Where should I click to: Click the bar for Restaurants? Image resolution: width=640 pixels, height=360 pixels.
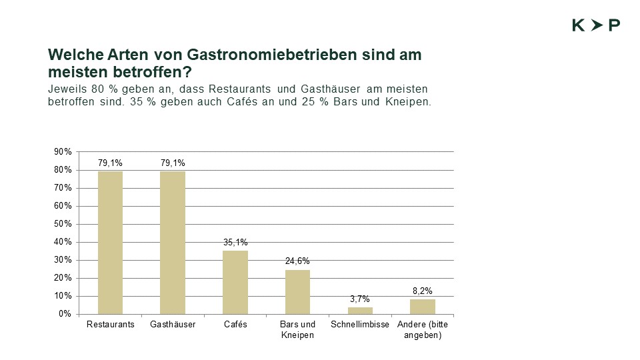tap(110, 243)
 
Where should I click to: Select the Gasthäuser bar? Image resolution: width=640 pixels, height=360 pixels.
tap(173, 243)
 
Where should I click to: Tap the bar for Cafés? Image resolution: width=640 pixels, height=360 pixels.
tap(235, 282)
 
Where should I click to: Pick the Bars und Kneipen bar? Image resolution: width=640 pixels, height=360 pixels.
tap(297, 291)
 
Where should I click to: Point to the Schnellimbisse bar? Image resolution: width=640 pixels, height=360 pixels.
tap(360, 311)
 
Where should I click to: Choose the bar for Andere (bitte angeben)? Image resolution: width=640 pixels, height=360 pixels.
tap(423, 307)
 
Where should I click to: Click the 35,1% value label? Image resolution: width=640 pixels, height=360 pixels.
tap(235, 243)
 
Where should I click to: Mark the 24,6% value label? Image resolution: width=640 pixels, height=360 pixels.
tap(297, 261)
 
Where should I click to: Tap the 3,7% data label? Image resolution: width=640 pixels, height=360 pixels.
tap(360, 299)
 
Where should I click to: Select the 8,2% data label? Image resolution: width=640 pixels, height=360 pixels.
tap(423, 291)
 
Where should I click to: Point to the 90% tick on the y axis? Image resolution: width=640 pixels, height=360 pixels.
tap(63, 152)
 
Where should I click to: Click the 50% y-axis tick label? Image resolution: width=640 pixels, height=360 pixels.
tap(63, 224)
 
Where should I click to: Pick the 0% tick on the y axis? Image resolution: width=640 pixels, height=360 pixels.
tap(65, 314)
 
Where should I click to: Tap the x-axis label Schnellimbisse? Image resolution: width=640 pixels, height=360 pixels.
tap(360, 325)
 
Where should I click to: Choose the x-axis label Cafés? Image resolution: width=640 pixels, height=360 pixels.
tap(235, 325)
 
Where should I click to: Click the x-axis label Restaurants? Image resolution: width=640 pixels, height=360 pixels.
tap(111, 325)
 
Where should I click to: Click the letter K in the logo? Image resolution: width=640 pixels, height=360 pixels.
tap(578, 25)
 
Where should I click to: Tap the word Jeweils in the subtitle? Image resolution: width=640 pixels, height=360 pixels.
tap(65, 89)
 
